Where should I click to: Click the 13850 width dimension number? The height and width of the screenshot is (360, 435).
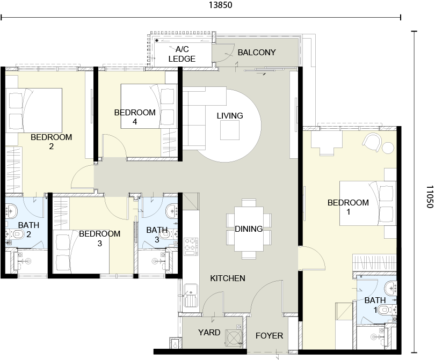[x=220, y=5]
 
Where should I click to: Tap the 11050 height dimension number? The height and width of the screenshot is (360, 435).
[x=430, y=197]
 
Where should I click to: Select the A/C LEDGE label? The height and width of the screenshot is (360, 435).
[x=182, y=54]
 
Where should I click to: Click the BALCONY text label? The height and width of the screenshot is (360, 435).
[x=257, y=53]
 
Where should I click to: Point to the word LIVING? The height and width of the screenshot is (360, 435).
[x=230, y=115]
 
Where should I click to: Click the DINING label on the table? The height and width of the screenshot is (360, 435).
[x=249, y=229]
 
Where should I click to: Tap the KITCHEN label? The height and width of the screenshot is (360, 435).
[x=228, y=278]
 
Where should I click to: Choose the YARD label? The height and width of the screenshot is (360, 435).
[x=209, y=332]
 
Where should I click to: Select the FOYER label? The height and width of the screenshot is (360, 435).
[x=269, y=336]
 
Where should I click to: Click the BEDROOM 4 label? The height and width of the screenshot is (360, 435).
[x=135, y=117]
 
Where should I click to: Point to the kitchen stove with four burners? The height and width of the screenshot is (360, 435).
[x=191, y=246]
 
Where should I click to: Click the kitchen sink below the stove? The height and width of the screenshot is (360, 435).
[x=191, y=295]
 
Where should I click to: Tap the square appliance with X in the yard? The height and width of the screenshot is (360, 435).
[x=233, y=337]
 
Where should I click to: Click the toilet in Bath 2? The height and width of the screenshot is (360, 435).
[x=17, y=234]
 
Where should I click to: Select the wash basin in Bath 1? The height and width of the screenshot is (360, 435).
[x=391, y=288]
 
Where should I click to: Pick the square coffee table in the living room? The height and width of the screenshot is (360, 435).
[x=230, y=130]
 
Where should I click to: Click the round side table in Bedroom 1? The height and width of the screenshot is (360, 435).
[x=388, y=148]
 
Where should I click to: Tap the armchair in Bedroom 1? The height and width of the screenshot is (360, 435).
[x=372, y=142]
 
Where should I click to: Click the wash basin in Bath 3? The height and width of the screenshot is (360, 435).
[x=172, y=211]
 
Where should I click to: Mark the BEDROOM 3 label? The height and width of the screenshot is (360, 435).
[x=100, y=238]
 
